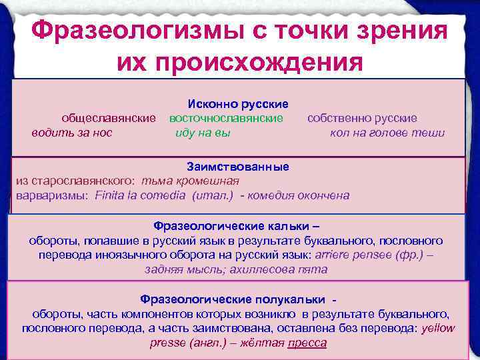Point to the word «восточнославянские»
[x=226, y=119]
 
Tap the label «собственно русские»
[x=362, y=119]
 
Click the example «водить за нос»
[x=72, y=133]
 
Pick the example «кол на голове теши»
[x=387, y=133]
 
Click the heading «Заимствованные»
[x=238, y=167]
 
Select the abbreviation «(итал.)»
[x=213, y=195]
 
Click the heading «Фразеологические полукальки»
[x=233, y=299]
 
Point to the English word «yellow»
[x=439, y=328]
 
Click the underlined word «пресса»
[x=307, y=343]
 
